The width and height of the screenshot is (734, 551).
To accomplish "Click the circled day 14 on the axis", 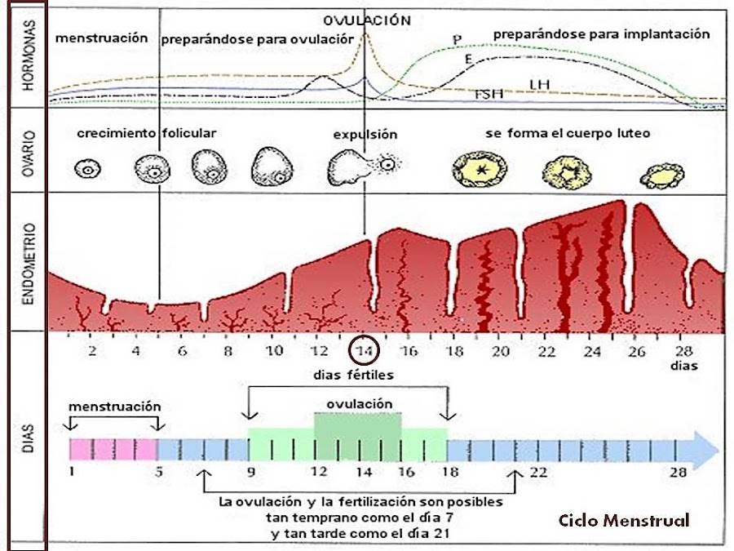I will (364, 350).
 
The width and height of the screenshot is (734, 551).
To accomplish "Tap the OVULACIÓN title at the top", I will (366, 20).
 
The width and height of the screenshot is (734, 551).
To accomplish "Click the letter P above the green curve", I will (457, 38).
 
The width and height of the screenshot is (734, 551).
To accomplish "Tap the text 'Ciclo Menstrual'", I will (624, 520).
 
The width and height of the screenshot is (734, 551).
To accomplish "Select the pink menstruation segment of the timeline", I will (113, 448).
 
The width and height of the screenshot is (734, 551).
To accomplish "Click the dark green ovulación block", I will (358, 433).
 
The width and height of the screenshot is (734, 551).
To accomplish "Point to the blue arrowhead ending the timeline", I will (705, 448).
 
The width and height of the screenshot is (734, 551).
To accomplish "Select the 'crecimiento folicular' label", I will (148, 132).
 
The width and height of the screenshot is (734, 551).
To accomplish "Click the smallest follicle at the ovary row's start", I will (86, 170).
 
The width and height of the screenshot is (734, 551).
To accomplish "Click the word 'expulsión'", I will (365, 135).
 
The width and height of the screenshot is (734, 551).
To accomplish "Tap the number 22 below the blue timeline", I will (538, 472).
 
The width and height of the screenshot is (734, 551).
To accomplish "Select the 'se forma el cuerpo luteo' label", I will (568, 132).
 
